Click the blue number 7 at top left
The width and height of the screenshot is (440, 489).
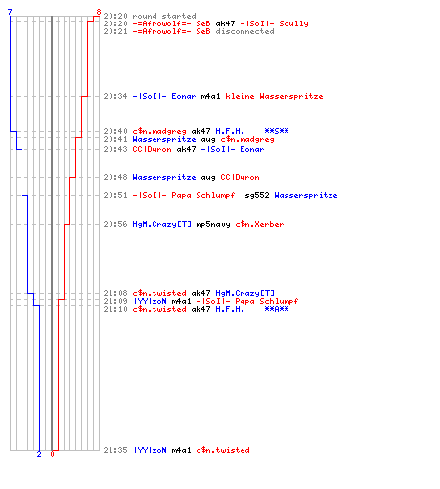coord(10,12)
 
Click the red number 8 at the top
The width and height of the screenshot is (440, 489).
coord(99,12)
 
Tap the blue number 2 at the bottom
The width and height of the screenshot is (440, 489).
coord(39,454)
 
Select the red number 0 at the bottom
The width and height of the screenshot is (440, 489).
coord(52,454)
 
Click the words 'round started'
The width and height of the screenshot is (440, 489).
coord(164,16)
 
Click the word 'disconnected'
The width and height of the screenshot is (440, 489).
coord(244,31)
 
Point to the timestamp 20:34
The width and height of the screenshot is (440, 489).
coord(115,96)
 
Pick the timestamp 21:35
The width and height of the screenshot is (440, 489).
coord(115,450)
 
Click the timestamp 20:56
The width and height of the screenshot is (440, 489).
coord(115,224)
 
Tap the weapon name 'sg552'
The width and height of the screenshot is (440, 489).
coord(257,195)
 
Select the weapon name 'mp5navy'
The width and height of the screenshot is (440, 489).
coord(213,224)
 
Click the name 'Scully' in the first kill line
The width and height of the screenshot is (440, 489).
coord(293,23)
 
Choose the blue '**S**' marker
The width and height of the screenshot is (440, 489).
coord(277,131)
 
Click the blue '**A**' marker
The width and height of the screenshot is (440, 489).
coord(277,309)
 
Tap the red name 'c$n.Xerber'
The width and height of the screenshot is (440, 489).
coord(259,224)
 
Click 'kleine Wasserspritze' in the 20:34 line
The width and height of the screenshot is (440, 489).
coord(274,96)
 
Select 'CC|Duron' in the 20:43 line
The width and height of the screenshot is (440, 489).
coord(152,149)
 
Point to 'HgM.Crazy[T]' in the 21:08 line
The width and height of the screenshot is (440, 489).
coord(244,293)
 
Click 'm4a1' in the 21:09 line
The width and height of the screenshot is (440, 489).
coord(181,301)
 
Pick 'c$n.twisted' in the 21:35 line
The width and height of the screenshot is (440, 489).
coord(223,450)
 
